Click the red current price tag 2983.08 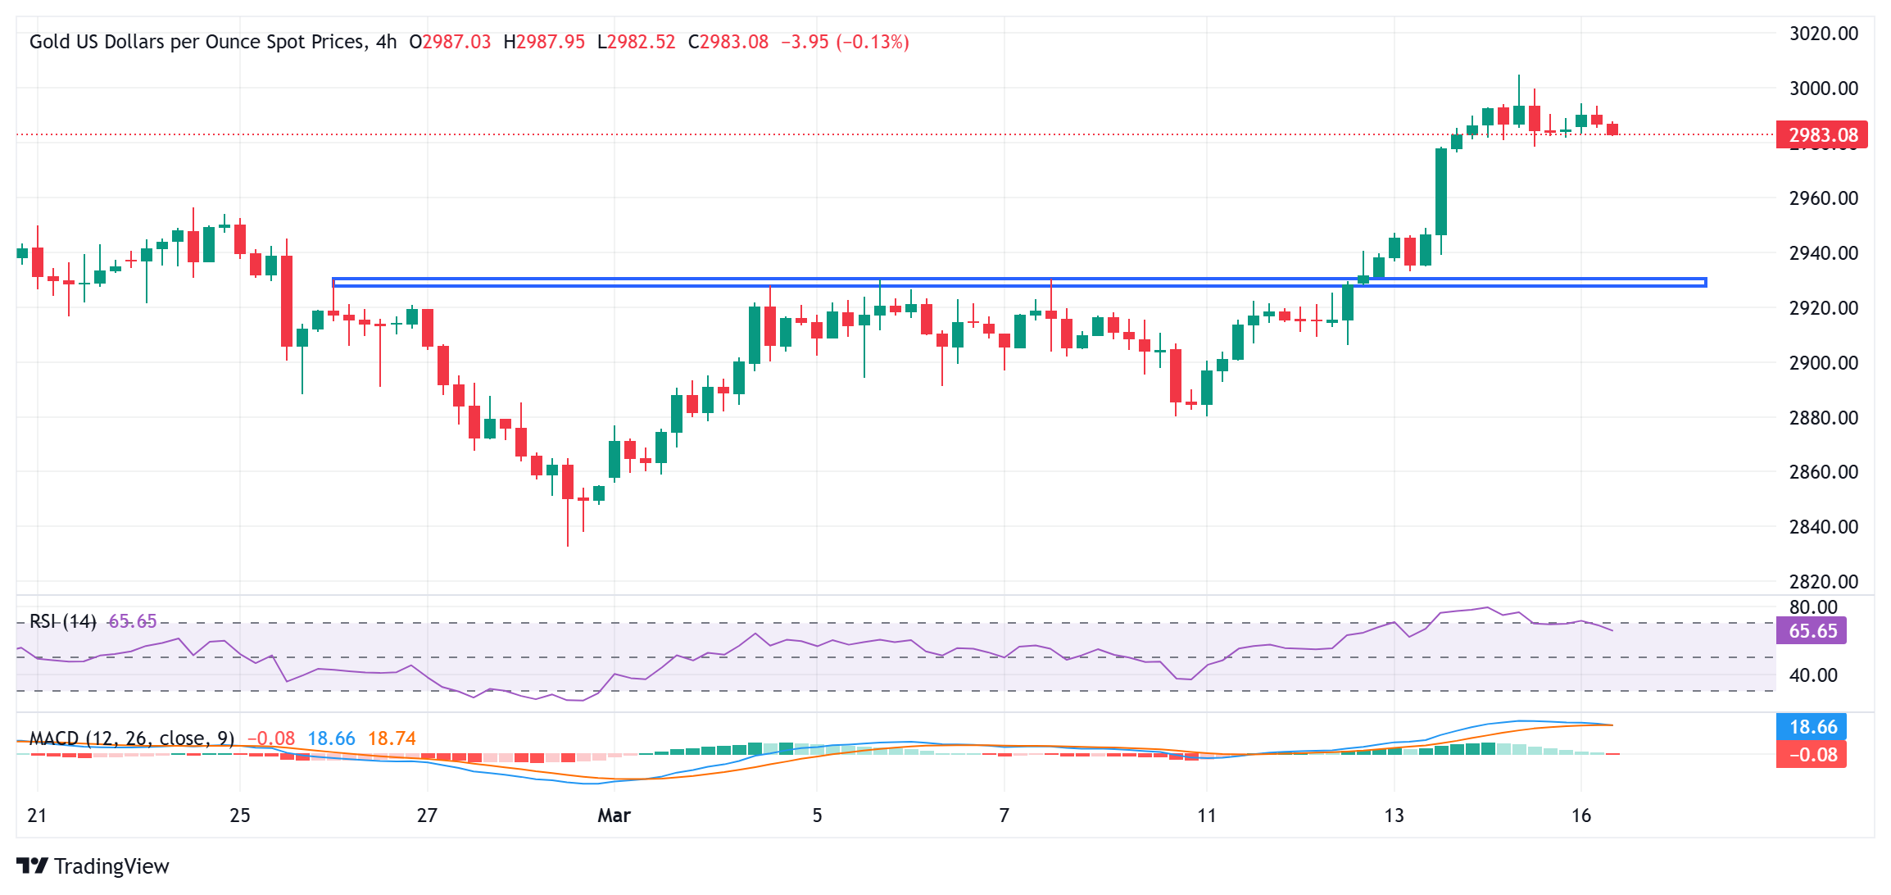coord(1821,135)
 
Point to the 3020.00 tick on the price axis coord(1823,34)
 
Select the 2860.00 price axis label coord(1823,472)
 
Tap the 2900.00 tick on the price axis coord(1823,362)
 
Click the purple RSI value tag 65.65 coord(1812,631)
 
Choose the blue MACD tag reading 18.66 coord(1812,727)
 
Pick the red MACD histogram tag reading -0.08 coord(1812,755)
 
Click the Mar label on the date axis coord(614,815)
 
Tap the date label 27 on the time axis coord(427,815)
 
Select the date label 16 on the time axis coord(1580,815)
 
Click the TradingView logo coord(93,866)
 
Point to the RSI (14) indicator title coord(63,621)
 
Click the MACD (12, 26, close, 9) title coord(132,738)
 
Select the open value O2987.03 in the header coord(450,42)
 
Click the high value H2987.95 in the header coord(544,42)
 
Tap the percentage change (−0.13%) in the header coord(873,42)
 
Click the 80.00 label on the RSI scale coord(1813,607)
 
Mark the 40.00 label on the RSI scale coord(1813,675)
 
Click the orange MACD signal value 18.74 coord(392,738)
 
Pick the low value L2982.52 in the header coord(637,42)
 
